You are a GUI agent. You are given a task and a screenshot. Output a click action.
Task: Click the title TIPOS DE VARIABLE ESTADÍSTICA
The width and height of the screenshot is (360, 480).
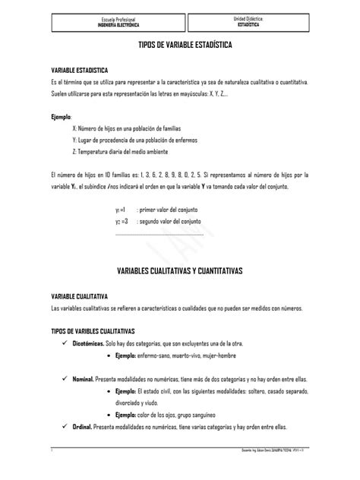[x=180, y=46]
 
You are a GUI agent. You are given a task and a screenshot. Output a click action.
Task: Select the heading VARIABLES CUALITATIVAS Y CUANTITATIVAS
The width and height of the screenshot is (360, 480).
[x=180, y=271]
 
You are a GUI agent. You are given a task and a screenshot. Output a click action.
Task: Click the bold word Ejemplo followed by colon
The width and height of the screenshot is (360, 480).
[x=61, y=117]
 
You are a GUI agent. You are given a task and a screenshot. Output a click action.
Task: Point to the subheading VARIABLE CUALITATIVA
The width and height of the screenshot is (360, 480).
[x=79, y=295]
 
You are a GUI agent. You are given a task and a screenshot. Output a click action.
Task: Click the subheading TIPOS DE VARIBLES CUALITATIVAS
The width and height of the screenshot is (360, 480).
[x=92, y=331]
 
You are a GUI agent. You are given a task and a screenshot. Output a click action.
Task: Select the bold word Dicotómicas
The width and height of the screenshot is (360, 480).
[x=89, y=343]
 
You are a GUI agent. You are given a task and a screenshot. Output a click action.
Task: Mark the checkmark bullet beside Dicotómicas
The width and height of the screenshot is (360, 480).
[x=65, y=343]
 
